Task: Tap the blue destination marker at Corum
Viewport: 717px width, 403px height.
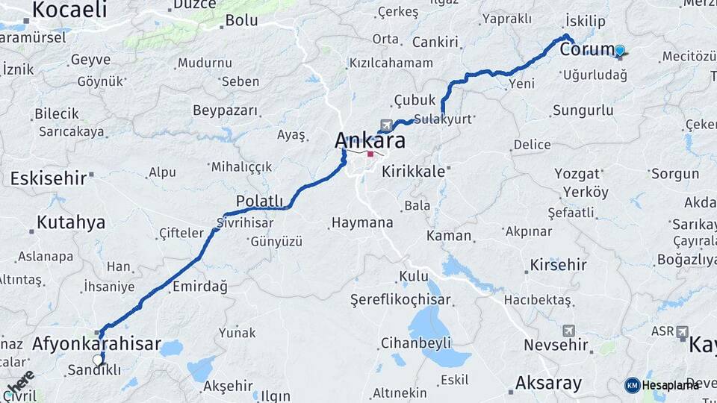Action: (x=619, y=50)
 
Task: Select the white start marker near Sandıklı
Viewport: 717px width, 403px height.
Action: (x=98, y=360)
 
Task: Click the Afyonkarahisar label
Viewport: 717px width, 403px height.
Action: (x=96, y=344)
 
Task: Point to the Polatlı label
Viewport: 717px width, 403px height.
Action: (x=259, y=201)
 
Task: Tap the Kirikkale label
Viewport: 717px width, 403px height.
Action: (x=413, y=171)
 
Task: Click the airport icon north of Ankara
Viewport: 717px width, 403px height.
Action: (x=385, y=125)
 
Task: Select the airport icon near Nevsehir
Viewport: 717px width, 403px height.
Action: (x=569, y=330)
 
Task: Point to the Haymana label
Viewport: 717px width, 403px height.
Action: (x=361, y=222)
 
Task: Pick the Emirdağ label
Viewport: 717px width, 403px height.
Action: (x=199, y=286)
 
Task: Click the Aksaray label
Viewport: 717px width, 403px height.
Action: (x=548, y=384)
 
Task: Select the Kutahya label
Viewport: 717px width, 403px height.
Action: (x=71, y=222)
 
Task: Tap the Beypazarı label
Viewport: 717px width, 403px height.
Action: (x=226, y=110)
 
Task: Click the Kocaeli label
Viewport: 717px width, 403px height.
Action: (x=69, y=10)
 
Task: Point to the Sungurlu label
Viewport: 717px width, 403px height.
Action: (x=583, y=110)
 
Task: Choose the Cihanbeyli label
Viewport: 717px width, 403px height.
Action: (x=415, y=343)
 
